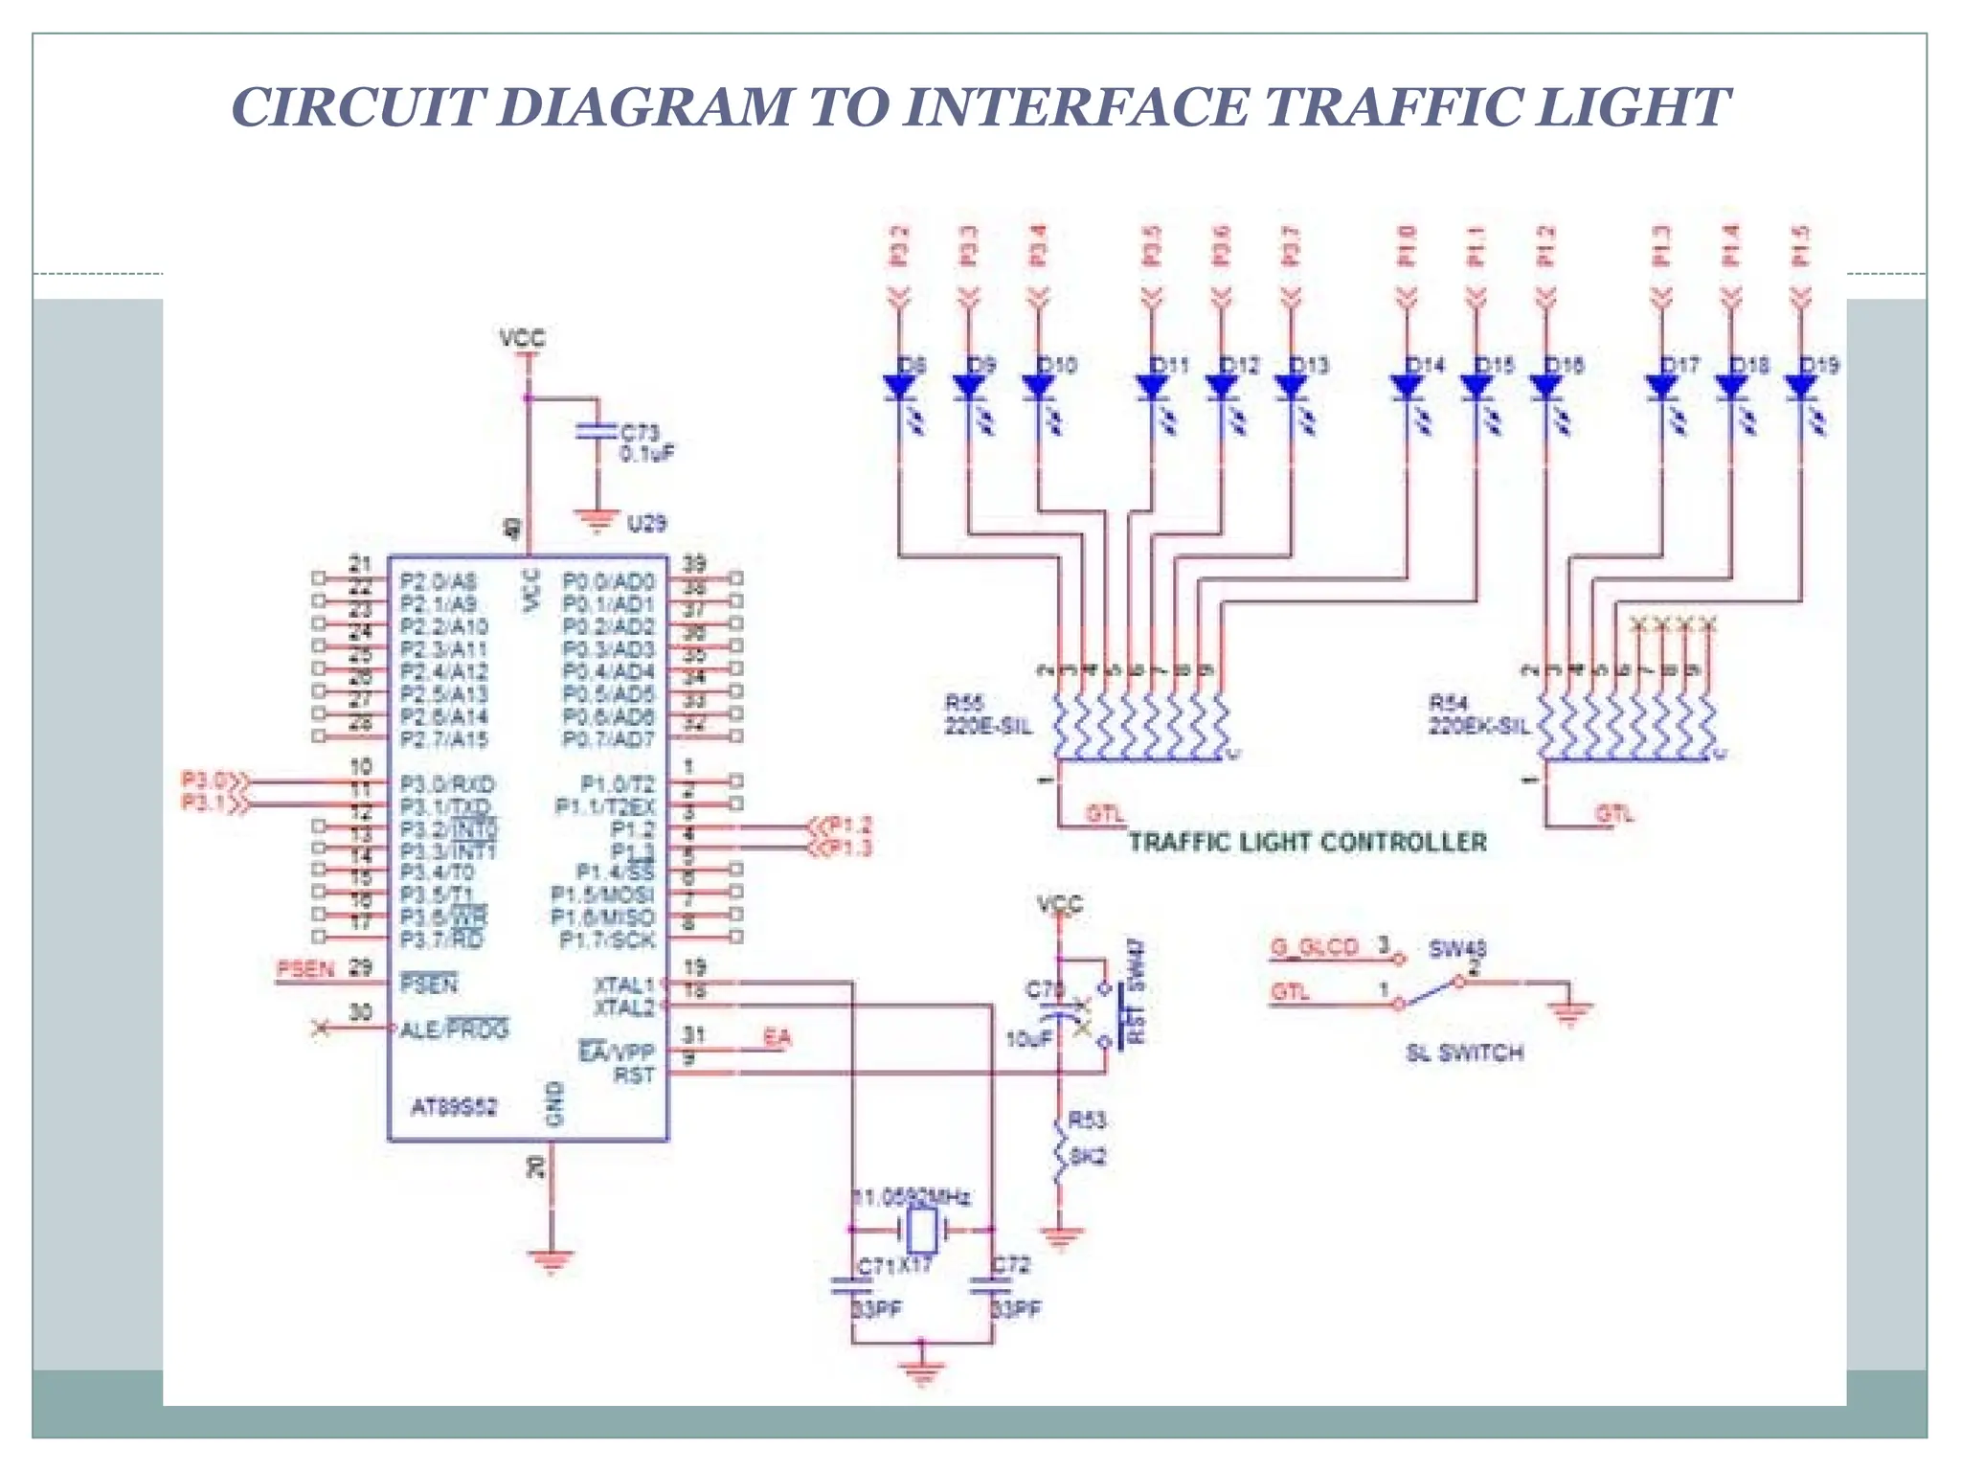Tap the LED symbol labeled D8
(x=899, y=387)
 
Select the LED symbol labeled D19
(x=1801, y=387)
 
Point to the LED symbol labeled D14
(x=1407, y=387)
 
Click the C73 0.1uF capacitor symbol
(x=597, y=432)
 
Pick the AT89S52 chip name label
(x=454, y=1107)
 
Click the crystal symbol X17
(x=921, y=1228)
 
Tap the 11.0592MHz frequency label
(x=913, y=1197)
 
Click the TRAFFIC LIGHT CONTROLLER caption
(x=1307, y=842)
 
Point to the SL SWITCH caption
(x=1464, y=1052)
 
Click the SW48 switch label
(x=1457, y=949)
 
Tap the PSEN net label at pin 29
(x=305, y=969)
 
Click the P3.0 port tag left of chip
(x=205, y=780)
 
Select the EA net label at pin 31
(x=777, y=1036)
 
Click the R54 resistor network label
(x=1448, y=704)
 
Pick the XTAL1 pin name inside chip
(x=623, y=984)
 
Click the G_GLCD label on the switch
(x=1314, y=947)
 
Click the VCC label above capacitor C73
(x=523, y=338)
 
